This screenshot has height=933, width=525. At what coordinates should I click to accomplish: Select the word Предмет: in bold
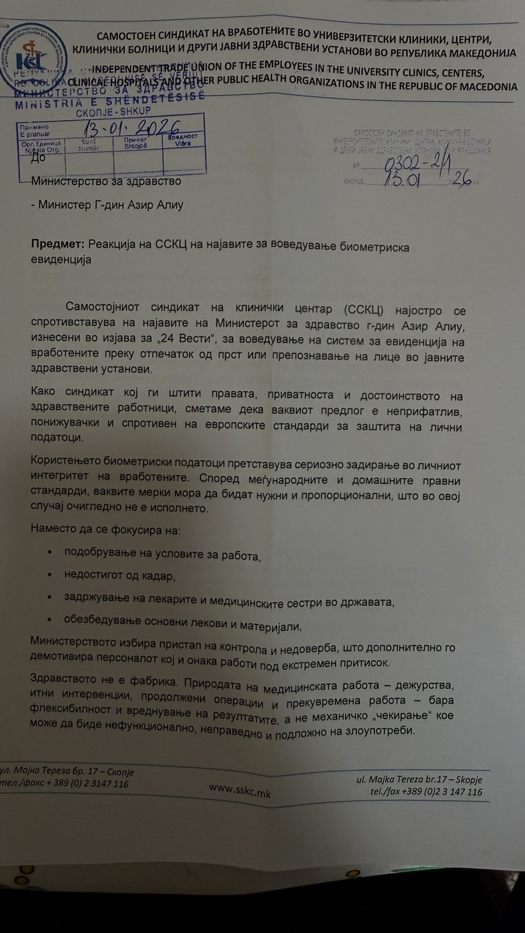click(58, 244)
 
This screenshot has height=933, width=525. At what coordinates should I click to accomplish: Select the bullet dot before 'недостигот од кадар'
click(50, 574)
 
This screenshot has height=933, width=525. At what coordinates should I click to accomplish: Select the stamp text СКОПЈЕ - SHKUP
click(113, 111)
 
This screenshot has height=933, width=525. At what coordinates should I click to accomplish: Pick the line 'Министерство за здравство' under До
click(106, 181)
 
